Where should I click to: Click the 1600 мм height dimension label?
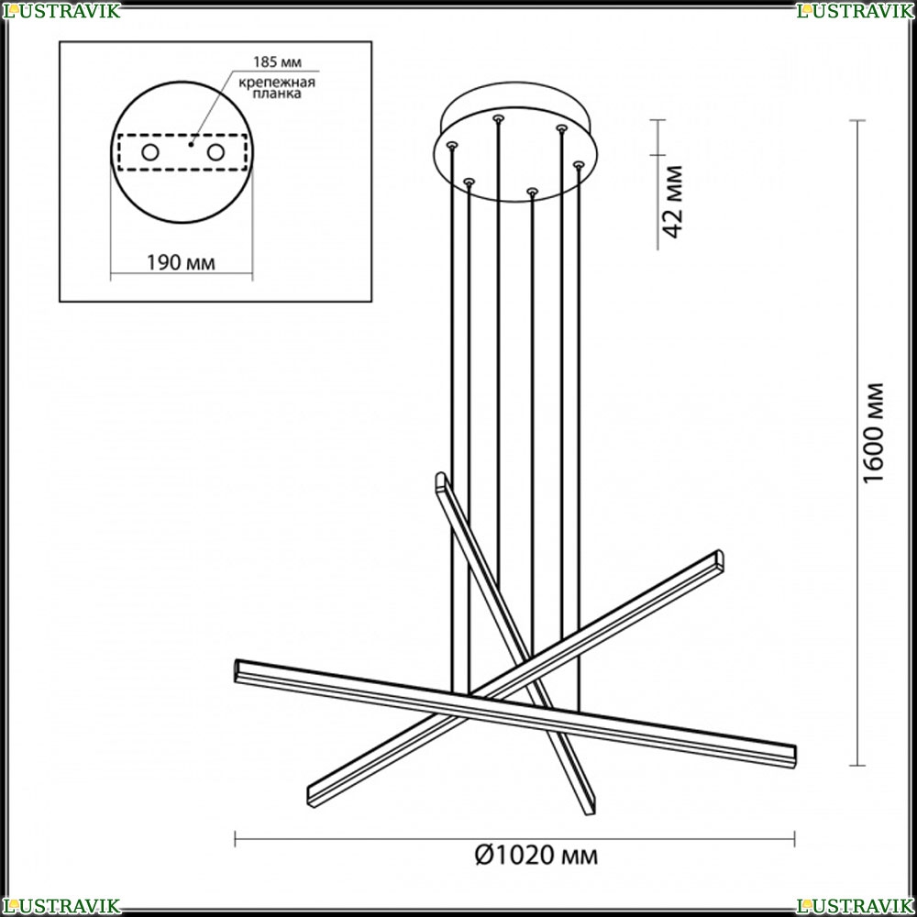(x=873, y=433)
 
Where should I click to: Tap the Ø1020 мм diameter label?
(x=536, y=856)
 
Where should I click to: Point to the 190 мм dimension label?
(x=181, y=262)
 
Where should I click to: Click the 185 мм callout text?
(x=277, y=62)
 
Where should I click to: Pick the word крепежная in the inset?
(x=277, y=82)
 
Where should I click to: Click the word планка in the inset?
(x=277, y=94)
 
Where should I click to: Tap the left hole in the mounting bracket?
(x=150, y=152)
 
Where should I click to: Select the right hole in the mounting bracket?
(x=215, y=152)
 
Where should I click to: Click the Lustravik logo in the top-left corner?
(x=61, y=10)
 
